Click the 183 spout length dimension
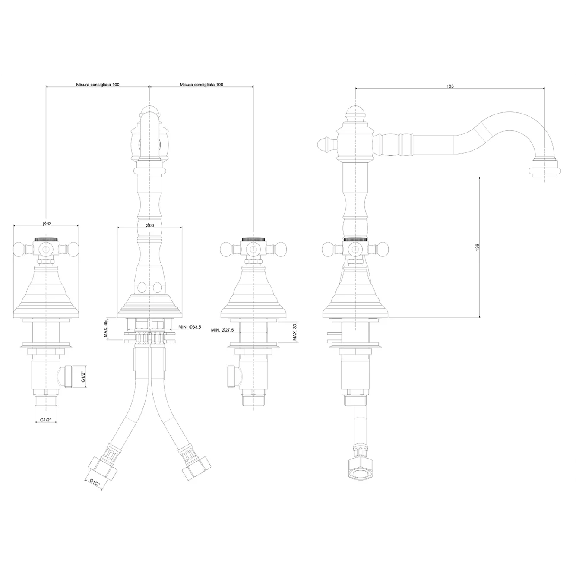(x=450, y=86)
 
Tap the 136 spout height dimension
(x=477, y=247)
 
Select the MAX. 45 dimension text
(x=105, y=329)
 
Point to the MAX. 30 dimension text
(x=294, y=332)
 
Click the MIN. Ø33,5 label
(x=190, y=327)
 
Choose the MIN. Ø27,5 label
(x=222, y=330)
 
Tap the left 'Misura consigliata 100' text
(x=98, y=85)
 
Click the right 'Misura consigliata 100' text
(x=202, y=85)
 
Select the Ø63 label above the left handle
(x=47, y=224)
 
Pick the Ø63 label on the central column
(x=149, y=225)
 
